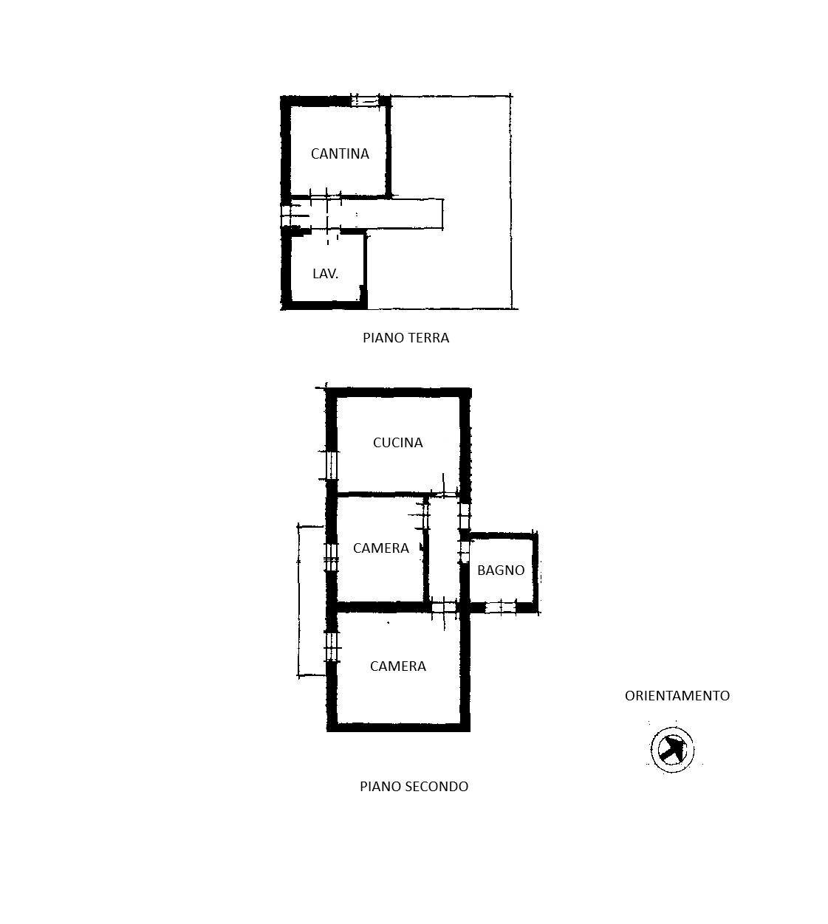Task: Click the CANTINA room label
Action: pos(340,154)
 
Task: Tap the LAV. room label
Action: pos(325,274)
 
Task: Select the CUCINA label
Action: pos(397,442)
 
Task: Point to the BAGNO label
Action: pos(501,570)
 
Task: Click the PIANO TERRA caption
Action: pos(406,338)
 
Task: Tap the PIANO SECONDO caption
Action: pos(414,787)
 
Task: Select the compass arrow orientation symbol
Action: pos(672,750)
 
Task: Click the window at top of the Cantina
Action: pos(365,101)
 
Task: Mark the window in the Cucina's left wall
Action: pos(332,465)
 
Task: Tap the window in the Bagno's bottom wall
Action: pos(500,607)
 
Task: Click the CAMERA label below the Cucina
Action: pos(380,548)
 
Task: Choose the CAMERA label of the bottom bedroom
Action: pos(397,666)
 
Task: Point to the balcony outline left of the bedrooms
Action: pos(298,601)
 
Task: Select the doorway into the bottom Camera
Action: pos(444,607)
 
